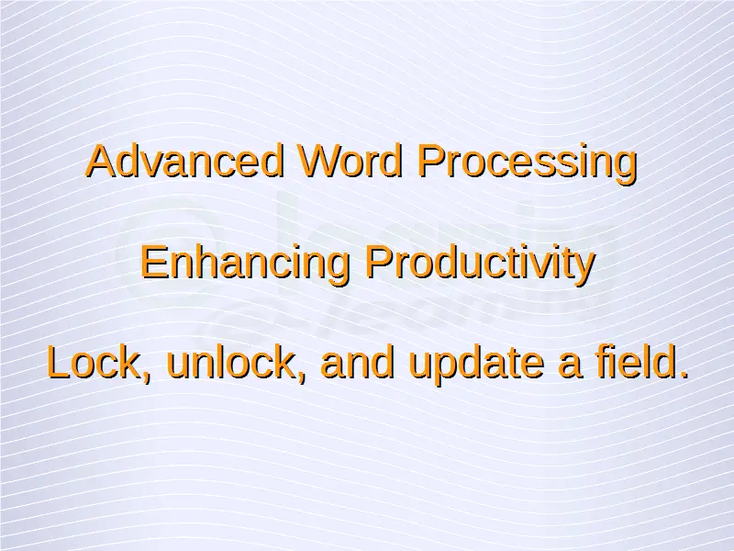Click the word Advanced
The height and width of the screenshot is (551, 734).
tap(185, 161)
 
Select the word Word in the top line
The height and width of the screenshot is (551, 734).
tap(350, 161)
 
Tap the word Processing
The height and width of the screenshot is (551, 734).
tap(527, 163)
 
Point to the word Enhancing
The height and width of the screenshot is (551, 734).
tap(245, 264)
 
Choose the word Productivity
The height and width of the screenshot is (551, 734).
tap(480, 264)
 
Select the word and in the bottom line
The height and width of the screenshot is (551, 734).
tap(358, 362)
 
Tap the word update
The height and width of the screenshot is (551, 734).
tap(476, 365)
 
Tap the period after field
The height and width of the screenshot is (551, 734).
tap(683, 375)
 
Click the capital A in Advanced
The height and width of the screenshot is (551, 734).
tap(102, 161)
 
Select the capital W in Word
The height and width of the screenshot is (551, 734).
tap(319, 161)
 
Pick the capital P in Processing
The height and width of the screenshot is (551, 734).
tap(431, 161)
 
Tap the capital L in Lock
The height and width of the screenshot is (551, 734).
tap(59, 362)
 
